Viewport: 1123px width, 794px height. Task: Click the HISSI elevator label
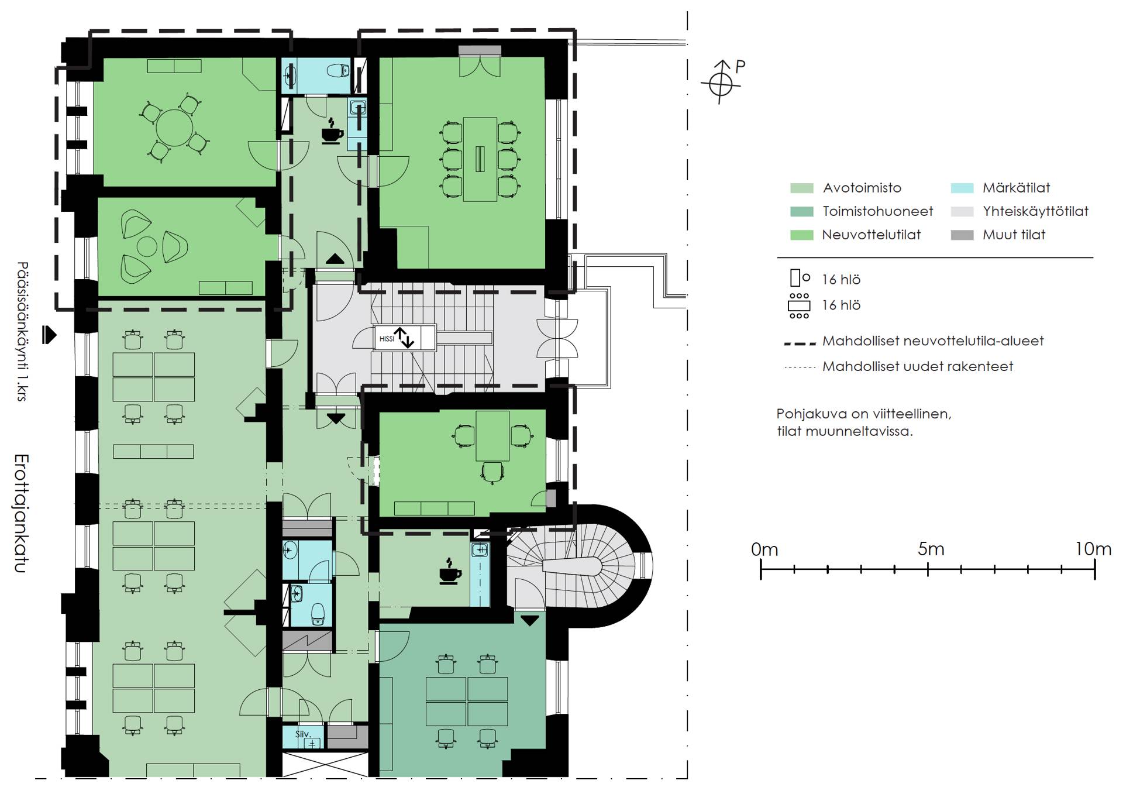click(x=387, y=339)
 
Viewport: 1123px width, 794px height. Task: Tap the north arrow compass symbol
click(x=721, y=83)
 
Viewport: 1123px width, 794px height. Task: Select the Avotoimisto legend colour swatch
click(x=801, y=188)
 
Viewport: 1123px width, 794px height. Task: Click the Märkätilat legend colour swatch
click(x=962, y=188)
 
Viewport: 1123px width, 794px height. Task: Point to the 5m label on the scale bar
click(x=931, y=549)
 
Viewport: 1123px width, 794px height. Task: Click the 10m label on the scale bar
click(x=1093, y=549)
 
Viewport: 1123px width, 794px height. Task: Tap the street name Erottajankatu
click(x=22, y=513)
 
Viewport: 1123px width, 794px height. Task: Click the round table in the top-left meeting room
click(x=174, y=128)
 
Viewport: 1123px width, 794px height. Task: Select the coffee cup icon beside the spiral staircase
click(x=450, y=571)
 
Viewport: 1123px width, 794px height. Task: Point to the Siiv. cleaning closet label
click(x=302, y=734)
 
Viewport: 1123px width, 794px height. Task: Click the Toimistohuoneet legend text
click(x=878, y=211)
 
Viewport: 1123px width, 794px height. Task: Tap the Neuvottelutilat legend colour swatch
click(x=801, y=235)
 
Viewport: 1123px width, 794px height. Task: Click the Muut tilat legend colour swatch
click(x=962, y=235)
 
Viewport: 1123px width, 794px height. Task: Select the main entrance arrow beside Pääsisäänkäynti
click(x=50, y=335)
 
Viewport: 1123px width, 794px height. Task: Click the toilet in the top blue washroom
click(x=337, y=71)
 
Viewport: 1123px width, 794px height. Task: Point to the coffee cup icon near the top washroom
click(x=332, y=131)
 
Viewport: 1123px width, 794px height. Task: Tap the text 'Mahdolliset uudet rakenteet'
click(x=918, y=367)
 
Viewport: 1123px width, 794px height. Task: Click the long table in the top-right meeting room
click(x=480, y=159)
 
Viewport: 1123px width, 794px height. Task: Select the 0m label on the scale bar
click(x=764, y=549)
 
